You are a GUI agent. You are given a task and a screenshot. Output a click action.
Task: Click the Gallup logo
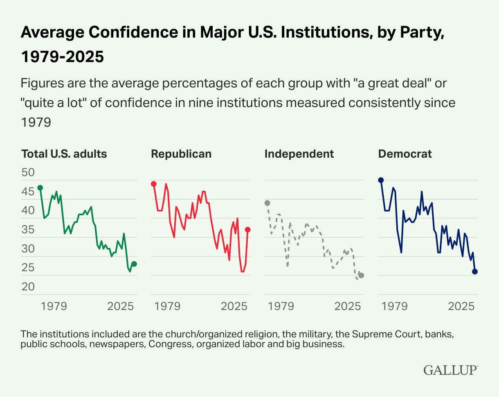click(x=450, y=370)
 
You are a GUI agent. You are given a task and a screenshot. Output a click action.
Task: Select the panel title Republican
click(x=181, y=154)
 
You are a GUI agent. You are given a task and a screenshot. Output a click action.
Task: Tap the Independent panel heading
click(x=299, y=154)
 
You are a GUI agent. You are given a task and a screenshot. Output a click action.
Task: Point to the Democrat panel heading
click(x=405, y=154)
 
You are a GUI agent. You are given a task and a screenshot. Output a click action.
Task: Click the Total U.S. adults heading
click(x=64, y=154)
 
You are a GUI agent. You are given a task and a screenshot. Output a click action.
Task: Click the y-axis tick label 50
click(x=28, y=172)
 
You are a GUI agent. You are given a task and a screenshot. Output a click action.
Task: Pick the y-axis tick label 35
click(x=28, y=230)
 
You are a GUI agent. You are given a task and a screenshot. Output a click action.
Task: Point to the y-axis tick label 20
click(x=28, y=287)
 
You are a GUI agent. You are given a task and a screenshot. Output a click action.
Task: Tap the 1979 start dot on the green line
click(x=40, y=188)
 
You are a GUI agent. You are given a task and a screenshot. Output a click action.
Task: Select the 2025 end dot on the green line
click(x=134, y=264)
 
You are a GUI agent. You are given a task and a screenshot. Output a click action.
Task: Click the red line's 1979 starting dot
click(x=154, y=184)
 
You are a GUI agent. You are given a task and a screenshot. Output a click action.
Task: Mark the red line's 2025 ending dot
click(x=248, y=230)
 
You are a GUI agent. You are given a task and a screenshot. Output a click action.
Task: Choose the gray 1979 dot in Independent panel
click(x=267, y=203)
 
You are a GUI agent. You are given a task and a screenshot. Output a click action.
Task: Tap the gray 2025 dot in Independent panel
click(x=361, y=275)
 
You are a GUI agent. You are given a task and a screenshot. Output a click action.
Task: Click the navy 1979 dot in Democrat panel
click(x=381, y=180)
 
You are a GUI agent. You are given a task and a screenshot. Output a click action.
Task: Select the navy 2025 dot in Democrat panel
click(x=475, y=272)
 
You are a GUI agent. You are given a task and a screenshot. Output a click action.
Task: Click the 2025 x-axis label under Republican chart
click(x=234, y=306)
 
